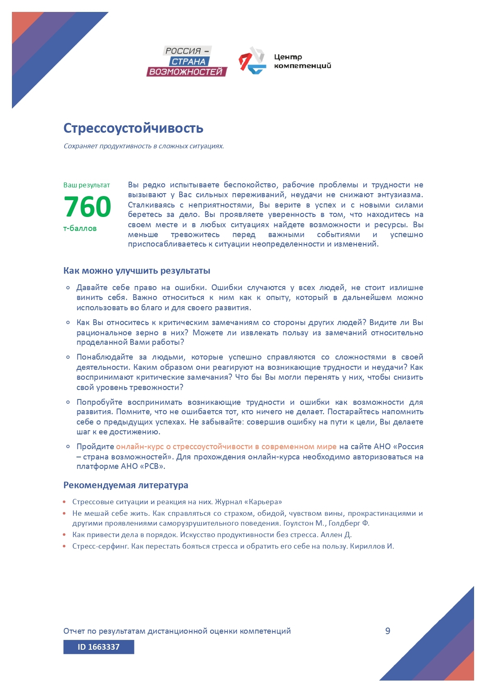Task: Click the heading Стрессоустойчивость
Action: coord(133,128)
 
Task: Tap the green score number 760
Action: coord(88,206)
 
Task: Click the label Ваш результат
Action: coord(87,185)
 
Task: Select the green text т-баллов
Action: coord(80,228)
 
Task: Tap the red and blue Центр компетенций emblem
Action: coord(252,61)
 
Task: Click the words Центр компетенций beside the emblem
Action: coord(302,61)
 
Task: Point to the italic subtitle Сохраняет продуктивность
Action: coord(143,146)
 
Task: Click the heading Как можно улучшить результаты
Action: coord(137,270)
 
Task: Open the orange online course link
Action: coord(226,447)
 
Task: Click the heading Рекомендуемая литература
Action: coord(125,485)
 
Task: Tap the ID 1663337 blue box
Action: coord(99,647)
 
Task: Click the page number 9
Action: coord(387,631)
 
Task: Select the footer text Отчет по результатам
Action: coord(177,631)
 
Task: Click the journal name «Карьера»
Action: coord(266,502)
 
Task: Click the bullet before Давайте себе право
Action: coord(68,288)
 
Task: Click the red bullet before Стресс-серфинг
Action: coord(65,546)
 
